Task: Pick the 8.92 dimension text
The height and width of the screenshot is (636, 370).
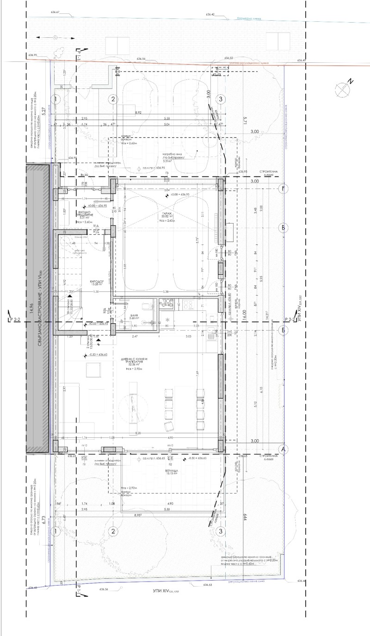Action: [x=138, y=112]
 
